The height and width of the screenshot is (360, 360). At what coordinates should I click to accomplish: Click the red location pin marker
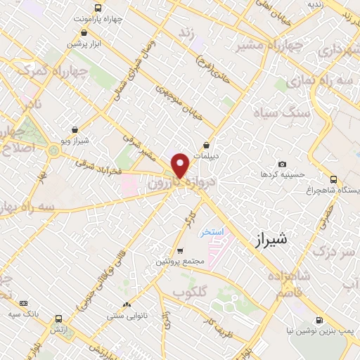click(x=181, y=165)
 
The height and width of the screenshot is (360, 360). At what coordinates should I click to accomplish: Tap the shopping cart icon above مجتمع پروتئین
click(x=180, y=251)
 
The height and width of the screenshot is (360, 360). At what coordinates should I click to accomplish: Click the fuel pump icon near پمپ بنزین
click(x=320, y=320)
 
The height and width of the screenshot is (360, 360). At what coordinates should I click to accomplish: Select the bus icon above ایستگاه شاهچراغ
click(x=333, y=179)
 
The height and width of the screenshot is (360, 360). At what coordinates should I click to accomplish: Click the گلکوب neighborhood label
click(x=190, y=290)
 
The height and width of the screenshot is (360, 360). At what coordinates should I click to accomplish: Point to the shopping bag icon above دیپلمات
click(x=207, y=146)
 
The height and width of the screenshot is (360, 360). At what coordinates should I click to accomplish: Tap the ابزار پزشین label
click(x=85, y=44)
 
